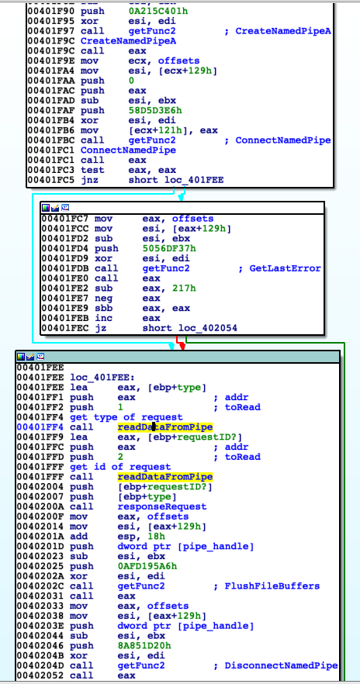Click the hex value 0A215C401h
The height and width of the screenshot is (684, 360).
[x=158, y=11]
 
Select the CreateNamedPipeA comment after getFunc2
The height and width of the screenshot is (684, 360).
[x=283, y=31]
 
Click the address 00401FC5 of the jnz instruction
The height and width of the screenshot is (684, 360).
[x=52, y=180]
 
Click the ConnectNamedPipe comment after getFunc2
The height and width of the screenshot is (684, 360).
[x=283, y=140]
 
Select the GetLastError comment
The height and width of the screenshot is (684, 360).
[x=286, y=268]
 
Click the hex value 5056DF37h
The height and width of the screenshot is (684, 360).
[x=169, y=248]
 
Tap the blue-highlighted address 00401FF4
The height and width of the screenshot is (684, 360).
[x=41, y=427]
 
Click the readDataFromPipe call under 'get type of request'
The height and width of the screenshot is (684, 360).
[x=165, y=427]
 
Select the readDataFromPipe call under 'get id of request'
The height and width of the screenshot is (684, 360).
[x=165, y=476]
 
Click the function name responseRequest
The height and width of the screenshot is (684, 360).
[x=162, y=506]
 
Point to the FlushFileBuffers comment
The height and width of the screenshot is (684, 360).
[x=272, y=586]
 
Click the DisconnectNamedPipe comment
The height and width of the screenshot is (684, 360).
[x=281, y=665]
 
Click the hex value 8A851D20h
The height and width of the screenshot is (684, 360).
[x=144, y=645]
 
